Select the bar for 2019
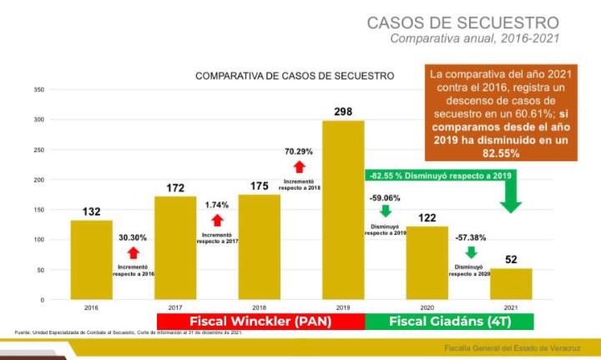[x=343, y=210]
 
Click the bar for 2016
[x=91, y=259]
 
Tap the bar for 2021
[x=511, y=283]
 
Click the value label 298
[x=343, y=111]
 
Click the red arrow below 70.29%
[x=300, y=167]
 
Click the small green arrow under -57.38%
[x=470, y=252]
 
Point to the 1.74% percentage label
[x=216, y=205]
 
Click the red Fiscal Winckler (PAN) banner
[x=260, y=321]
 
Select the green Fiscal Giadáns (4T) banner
[x=449, y=321]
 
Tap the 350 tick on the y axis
[x=38, y=89]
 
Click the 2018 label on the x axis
[x=259, y=307]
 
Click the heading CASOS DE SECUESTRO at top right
[x=463, y=22]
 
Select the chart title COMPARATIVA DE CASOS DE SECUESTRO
[x=295, y=76]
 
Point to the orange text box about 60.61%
[x=500, y=114]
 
